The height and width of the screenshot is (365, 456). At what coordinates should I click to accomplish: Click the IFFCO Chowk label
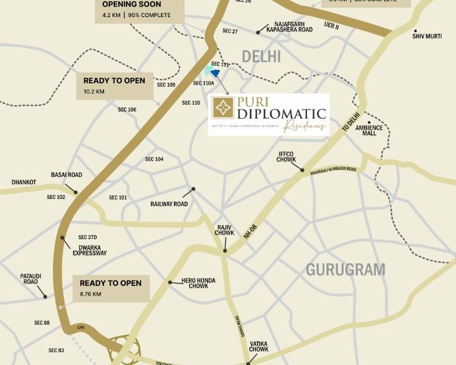point(286,156)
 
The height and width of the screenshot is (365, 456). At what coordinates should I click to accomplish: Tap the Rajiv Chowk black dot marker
point(225,250)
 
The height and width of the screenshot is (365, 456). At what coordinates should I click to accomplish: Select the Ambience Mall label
point(369,130)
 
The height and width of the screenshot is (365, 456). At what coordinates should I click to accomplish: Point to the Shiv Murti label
point(426,36)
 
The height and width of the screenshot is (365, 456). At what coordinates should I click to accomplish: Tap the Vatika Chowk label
point(259,346)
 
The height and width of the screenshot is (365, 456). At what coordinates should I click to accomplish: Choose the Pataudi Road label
point(31,279)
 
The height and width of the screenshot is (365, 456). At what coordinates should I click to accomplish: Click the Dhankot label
point(24,182)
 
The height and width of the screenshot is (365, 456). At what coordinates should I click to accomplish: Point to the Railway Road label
point(169,204)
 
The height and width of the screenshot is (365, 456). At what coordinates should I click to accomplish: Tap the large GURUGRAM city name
point(345,269)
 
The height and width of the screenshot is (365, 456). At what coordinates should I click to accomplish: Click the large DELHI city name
point(261,57)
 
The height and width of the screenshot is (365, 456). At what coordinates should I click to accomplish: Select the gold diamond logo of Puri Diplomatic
point(223,108)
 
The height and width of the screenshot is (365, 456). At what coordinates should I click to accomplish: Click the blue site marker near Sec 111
point(215,73)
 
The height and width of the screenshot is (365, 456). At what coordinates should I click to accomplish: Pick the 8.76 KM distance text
point(91,294)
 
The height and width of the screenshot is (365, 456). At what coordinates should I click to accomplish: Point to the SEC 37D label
point(88,237)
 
